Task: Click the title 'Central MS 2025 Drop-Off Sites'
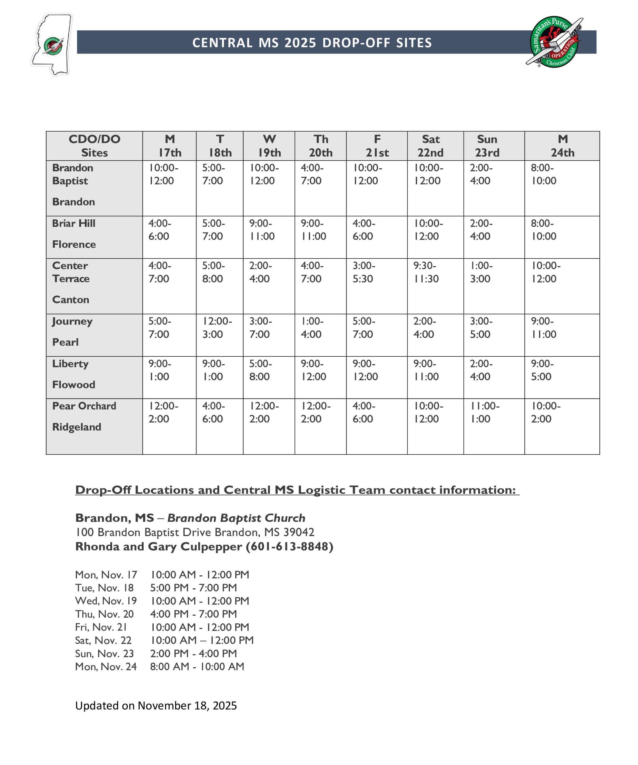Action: coord(312,43)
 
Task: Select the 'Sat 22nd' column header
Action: coord(431,146)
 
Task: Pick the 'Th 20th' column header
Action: coord(321,146)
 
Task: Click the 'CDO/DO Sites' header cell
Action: coord(95,146)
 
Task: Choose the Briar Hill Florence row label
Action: coord(74,233)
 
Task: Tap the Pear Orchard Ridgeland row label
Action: coord(84,416)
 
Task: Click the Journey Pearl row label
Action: coord(72,332)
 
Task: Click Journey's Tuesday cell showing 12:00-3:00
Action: coord(217,327)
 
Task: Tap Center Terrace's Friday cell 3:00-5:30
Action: coord(364,272)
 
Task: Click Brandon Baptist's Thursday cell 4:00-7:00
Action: coord(312,174)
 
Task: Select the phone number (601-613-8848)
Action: coord(289,546)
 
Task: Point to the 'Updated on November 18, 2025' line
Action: coord(156,706)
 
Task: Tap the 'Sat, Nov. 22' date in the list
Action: coord(103,640)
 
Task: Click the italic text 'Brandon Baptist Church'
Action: coord(236,518)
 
